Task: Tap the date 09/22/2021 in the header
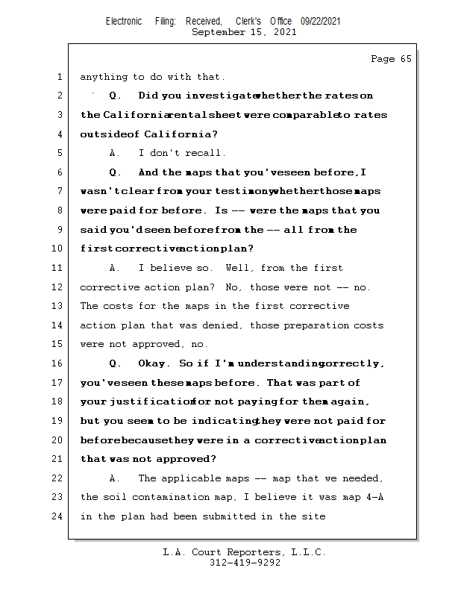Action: point(321,22)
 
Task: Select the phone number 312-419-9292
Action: point(245,563)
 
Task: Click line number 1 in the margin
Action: point(59,77)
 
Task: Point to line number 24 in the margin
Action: point(57,516)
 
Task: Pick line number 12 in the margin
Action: point(57,287)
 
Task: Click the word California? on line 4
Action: point(181,134)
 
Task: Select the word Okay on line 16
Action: point(154,363)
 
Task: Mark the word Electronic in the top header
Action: point(124,22)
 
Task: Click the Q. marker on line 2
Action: point(115,96)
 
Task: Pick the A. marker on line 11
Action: point(115,268)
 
